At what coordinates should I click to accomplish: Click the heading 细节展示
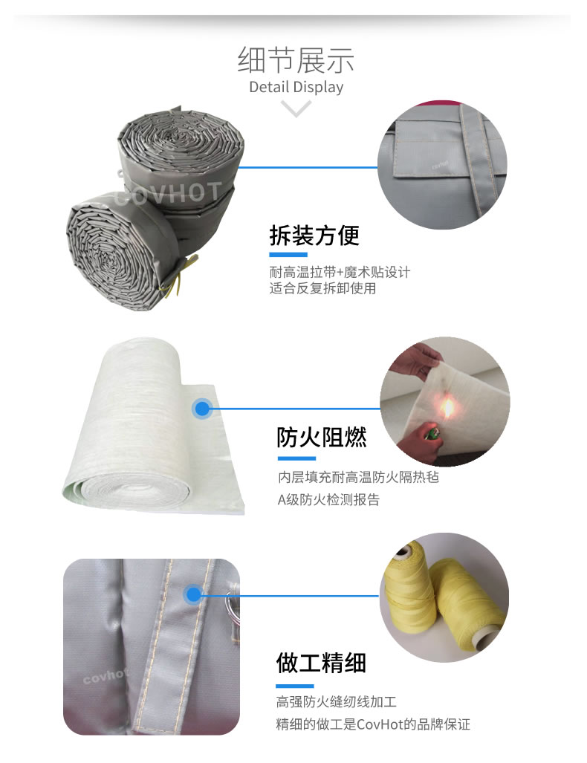click(x=296, y=60)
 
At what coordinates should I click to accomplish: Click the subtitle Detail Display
click(x=296, y=87)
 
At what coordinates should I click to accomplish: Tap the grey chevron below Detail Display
click(x=296, y=108)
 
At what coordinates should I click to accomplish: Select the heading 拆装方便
click(x=314, y=236)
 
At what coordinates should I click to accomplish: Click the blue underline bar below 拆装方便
click(x=288, y=255)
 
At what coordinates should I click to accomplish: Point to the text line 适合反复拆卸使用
click(x=322, y=288)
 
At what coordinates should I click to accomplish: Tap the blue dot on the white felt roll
click(x=202, y=409)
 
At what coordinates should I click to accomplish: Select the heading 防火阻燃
click(x=321, y=437)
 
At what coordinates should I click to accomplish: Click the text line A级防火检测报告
click(x=328, y=500)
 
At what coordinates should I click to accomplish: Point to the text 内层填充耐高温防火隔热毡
click(x=358, y=477)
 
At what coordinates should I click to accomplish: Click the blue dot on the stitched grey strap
click(x=193, y=594)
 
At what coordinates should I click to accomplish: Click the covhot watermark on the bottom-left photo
click(x=105, y=676)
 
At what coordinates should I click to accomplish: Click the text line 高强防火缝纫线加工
click(x=337, y=701)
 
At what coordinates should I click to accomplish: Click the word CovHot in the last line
click(x=380, y=724)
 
